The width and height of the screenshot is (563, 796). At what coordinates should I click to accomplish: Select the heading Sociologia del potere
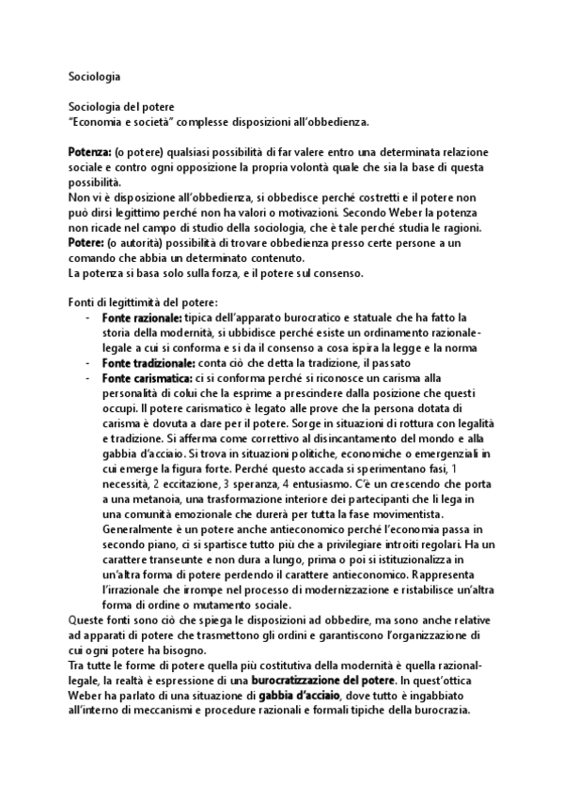click(x=120, y=109)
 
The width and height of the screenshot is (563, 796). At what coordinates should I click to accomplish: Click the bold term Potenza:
click(x=90, y=151)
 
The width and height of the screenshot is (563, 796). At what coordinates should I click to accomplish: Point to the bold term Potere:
click(x=87, y=242)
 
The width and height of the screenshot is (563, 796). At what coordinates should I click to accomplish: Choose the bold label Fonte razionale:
click(x=141, y=319)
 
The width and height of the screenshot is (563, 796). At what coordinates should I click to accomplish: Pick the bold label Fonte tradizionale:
click(x=148, y=362)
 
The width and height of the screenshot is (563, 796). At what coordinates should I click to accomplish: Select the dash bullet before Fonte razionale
click(x=87, y=319)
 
